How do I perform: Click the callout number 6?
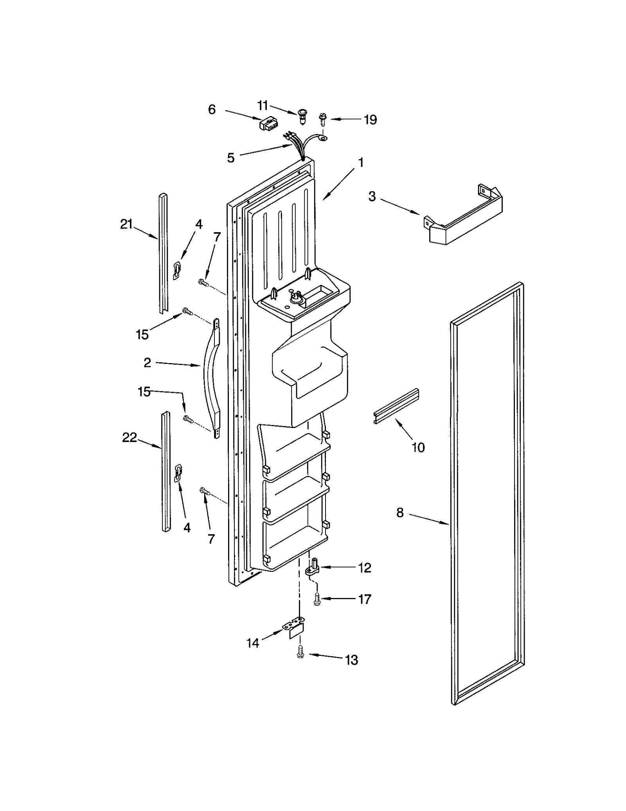[x=212, y=109]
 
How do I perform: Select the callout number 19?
[x=370, y=120]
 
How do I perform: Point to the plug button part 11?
[x=302, y=116]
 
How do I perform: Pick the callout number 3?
[x=372, y=197]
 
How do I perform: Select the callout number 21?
[x=126, y=224]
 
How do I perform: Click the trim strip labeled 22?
[x=166, y=472]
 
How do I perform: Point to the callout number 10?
[x=418, y=447]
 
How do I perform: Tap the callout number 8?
[x=399, y=512]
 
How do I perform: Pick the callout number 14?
[x=253, y=643]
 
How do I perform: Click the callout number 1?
[x=361, y=162]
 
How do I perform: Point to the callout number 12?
[x=364, y=568]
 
